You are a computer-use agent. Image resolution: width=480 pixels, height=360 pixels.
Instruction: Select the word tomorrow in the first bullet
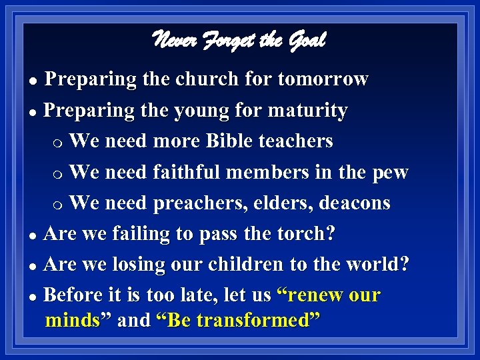coord(323,79)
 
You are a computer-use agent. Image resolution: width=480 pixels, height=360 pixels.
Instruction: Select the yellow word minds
coord(72,321)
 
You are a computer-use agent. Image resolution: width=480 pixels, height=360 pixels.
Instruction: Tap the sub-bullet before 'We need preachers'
coord(59,204)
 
